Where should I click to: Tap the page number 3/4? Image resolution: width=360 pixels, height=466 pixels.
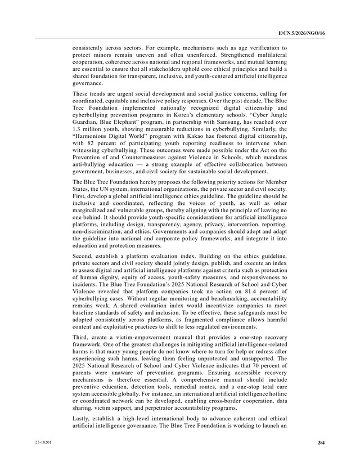(321, 443)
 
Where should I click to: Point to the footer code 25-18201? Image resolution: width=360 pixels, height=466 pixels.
(44, 443)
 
